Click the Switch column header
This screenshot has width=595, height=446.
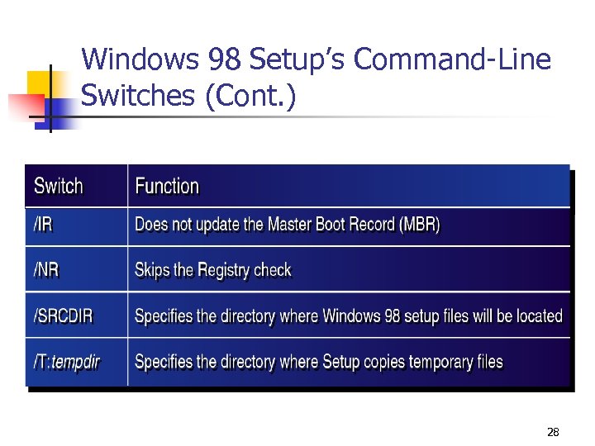coord(59,186)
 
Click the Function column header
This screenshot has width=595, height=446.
coord(167,186)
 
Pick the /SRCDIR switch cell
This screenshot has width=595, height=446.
coord(63,316)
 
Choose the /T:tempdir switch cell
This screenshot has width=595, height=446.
coord(67,362)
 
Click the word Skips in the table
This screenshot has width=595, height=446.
coord(153,270)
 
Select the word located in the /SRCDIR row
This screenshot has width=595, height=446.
coord(539,316)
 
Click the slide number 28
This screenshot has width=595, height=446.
coord(553,432)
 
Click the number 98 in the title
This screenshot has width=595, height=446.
coord(224,60)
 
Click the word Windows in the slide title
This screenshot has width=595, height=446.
coord(140,60)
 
